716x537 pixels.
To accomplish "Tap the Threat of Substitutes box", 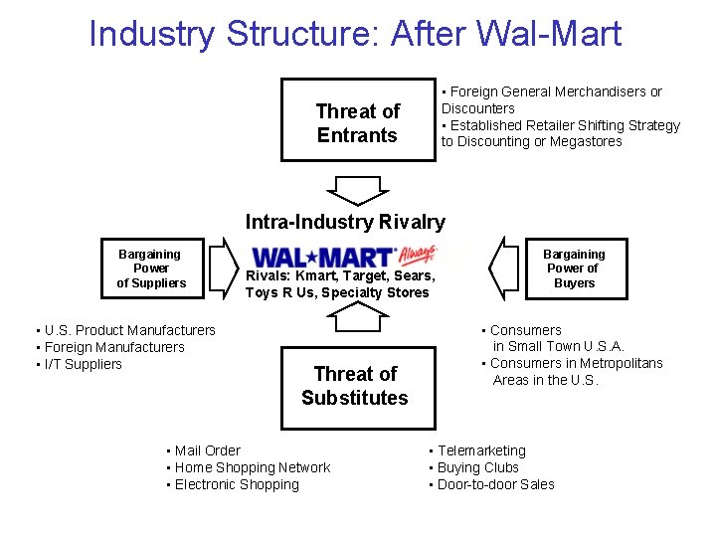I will pos(355,386).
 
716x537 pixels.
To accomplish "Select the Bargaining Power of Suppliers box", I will pos(151,268).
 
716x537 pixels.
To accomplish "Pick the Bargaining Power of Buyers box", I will pos(574,268).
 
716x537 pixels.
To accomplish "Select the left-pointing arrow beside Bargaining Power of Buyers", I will pos(507,267).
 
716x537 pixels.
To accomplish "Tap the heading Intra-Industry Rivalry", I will pos(345,222).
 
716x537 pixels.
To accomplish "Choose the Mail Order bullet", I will pos(207,450).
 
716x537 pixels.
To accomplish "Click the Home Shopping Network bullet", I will pos(252,467).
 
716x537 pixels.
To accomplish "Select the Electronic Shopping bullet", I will pos(236,484).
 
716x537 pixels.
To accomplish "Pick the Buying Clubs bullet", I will pos(477,467).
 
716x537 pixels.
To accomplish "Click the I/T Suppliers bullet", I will pos(83,364).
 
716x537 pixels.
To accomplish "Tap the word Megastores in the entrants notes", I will pos(587,141).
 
